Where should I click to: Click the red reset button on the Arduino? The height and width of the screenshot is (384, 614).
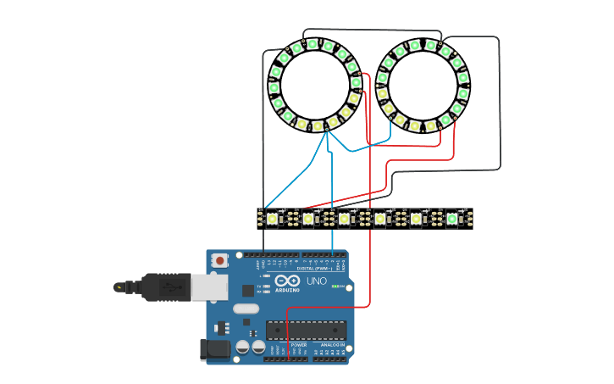click(220, 260)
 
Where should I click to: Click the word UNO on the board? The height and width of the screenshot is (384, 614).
click(316, 281)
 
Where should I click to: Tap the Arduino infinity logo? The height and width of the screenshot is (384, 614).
click(287, 280)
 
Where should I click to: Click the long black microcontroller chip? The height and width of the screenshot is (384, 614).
click(306, 330)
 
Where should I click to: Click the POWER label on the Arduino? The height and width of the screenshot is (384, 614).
click(298, 345)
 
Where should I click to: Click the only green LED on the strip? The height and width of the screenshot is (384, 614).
click(452, 219)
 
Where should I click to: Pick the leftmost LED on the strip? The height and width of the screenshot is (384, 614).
click(272, 219)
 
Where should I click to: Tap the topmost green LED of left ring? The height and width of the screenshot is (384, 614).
click(312, 44)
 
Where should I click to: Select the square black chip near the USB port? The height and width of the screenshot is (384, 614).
click(248, 290)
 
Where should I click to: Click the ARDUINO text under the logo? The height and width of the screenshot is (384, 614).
click(287, 290)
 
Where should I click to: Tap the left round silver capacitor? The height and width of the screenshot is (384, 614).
click(243, 347)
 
